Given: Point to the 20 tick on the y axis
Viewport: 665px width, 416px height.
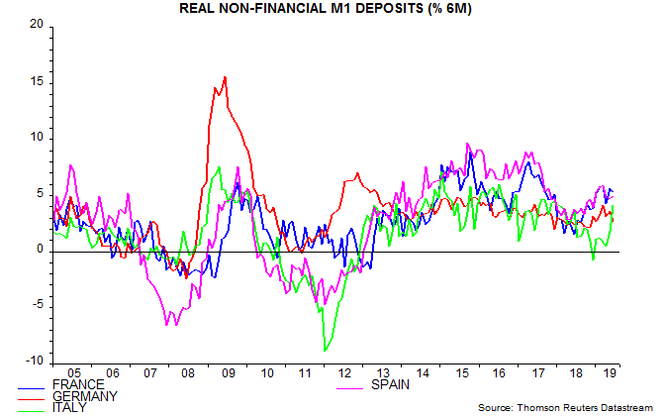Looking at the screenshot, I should point(38,24).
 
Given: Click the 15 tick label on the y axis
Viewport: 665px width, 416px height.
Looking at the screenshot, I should point(38,80).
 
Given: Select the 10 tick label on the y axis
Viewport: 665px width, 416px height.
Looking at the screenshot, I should point(38,137).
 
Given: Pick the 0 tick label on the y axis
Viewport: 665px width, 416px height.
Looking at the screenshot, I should point(41,249).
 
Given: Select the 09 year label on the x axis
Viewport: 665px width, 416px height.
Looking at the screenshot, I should point(228,374).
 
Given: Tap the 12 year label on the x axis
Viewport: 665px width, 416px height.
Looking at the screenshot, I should point(343,374).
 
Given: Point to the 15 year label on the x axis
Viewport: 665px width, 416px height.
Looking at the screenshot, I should point(460,374).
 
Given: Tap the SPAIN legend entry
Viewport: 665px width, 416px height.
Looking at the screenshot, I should point(394,384).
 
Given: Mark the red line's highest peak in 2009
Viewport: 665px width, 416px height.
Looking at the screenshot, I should point(226,77).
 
